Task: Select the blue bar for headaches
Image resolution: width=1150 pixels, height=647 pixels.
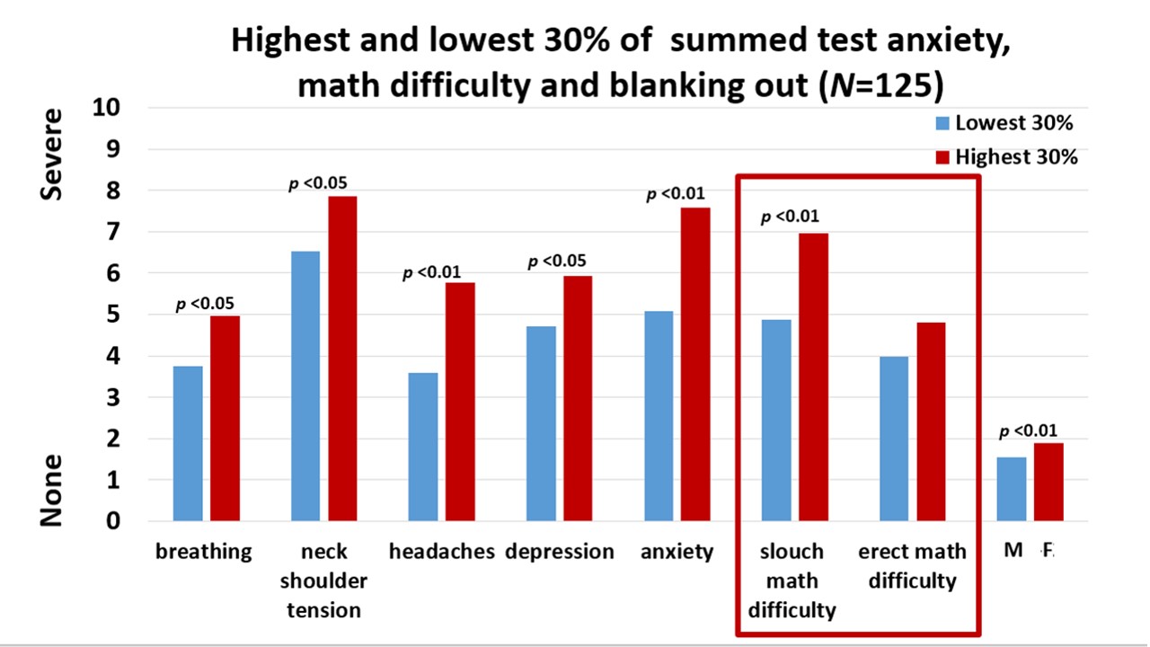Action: pyautogui.click(x=423, y=446)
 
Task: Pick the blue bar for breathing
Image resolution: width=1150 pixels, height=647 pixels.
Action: pyautogui.click(x=188, y=443)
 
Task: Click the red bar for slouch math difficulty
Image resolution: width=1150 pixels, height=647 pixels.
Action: pyautogui.click(x=813, y=377)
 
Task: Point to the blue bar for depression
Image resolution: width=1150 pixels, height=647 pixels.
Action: pyautogui.click(x=541, y=423)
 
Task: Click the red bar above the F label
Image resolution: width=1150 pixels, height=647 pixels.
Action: pyautogui.click(x=1048, y=482)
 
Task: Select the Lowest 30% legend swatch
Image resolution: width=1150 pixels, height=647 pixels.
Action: pyautogui.click(x=942, y=123)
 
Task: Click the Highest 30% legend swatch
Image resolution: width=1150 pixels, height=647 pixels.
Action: pyautogui.click(x=942, y=157)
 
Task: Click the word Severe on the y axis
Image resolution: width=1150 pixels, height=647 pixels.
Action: pyautogui.click(x=53, y=154)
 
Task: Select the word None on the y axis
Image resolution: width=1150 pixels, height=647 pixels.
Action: pyautogui.click(x=53, y=490)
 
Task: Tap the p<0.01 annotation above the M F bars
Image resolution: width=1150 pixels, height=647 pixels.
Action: pyautogui.click(x=1031, y=430)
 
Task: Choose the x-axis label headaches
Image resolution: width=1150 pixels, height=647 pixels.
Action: pyautogui.click(x=441, y=552)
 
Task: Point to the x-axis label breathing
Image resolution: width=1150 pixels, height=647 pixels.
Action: pyautogui.click(x=204, y=552)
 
